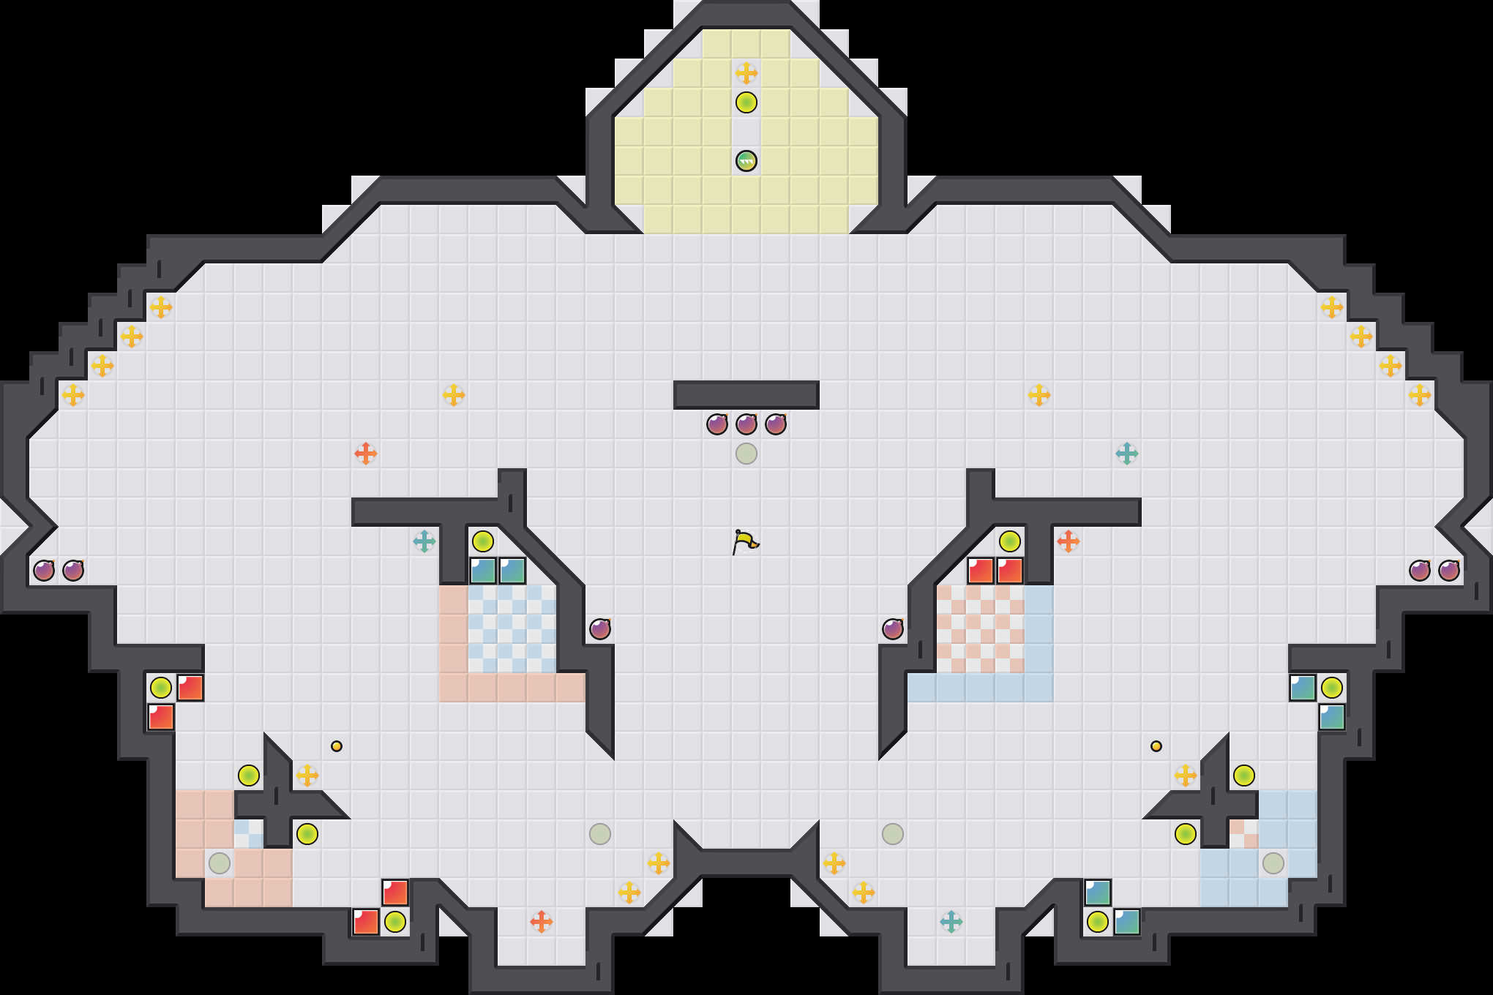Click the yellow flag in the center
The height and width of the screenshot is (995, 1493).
pyautogui.click(x=745, y=542)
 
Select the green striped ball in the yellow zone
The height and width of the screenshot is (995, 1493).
pyautogui.click(x=746, y=161)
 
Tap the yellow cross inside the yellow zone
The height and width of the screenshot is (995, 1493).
pyautogui.click(x=746, y=73)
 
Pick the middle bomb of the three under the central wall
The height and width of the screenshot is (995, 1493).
pyautogui.click(x=746, y=424)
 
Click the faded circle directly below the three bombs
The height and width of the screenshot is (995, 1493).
pyautogui.click(x=746, y=454)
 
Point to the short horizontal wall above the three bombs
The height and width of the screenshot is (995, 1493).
pyautogui.click(x=746, y=395)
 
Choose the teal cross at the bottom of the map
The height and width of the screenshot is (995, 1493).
pyautogui.click(x=951, y=922)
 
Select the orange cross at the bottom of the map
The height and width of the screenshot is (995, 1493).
pyautogui.click(x=541, y=922)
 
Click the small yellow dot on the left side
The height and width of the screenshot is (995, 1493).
pyautogui.click(x=337, y=746)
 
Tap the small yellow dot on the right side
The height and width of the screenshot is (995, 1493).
pyautogui.click(x=1156, y=746)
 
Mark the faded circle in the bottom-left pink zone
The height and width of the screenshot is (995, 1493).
pyautogui.click(x=220, y=863)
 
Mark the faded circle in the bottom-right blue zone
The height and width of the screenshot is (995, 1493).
pyautogui.click(x=1273, y=863)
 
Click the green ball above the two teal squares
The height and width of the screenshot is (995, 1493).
pyautogui.click(x=483, y=541)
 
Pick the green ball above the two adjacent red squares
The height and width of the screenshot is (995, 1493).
pyautogui.click(x=1010, y=541)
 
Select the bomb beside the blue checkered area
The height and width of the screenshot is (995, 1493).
pyautogui.click(x=600, y=629)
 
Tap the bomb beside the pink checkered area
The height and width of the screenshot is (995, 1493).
pyautogui.click(x=893, y=629)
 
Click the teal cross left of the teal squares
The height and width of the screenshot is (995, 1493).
pyautogui.click(x=424, y=541)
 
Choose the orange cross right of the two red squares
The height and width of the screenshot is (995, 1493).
pyautogui.click(x=1068, y=541)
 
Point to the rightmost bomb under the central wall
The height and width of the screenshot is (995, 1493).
pyautogui.click(x=775, y=424)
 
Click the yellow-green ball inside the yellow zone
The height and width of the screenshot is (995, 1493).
pyautogui.click(x=746, y=102)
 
